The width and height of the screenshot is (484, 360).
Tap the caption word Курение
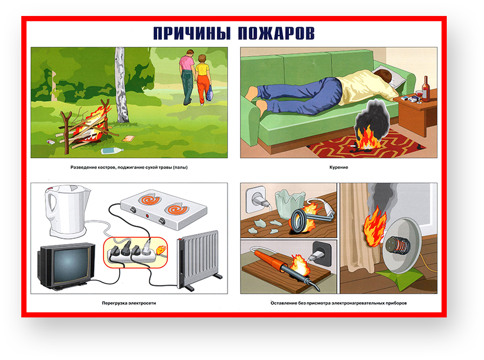pos(339,167)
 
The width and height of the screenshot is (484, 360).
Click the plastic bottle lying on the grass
pos(112,151)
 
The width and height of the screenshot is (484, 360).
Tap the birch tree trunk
pos(121,85)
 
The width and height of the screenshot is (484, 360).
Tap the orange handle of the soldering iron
pos(267,258)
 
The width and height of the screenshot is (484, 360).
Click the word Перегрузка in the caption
pos(115,303)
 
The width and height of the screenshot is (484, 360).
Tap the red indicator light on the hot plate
pos(147,215)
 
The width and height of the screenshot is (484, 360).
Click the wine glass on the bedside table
pos(419,96)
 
